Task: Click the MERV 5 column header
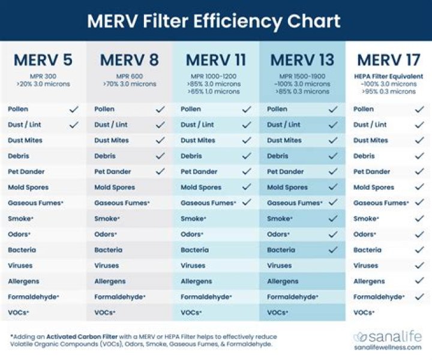click(43, 61)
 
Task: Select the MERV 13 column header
click(302, 61)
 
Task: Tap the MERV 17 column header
click(389, 61)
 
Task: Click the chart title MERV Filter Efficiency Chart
click(214, 21)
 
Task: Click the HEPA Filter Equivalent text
click(388, 76)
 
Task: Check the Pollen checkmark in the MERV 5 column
click(74, 109)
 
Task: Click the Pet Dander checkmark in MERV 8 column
click(160, 172)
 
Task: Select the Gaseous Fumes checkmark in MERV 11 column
click(247, 203)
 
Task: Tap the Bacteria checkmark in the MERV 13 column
click(333, 250)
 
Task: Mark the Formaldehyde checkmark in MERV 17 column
click(419, 296)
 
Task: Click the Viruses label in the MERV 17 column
click(365, 265)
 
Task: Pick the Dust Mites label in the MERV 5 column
click(25, 140)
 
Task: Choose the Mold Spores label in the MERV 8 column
click(115, 187)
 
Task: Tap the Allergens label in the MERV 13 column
click(283, 281)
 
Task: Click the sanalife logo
click(387, 336)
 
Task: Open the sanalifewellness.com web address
click(387, 347)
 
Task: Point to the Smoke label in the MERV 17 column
click(365, 218)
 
